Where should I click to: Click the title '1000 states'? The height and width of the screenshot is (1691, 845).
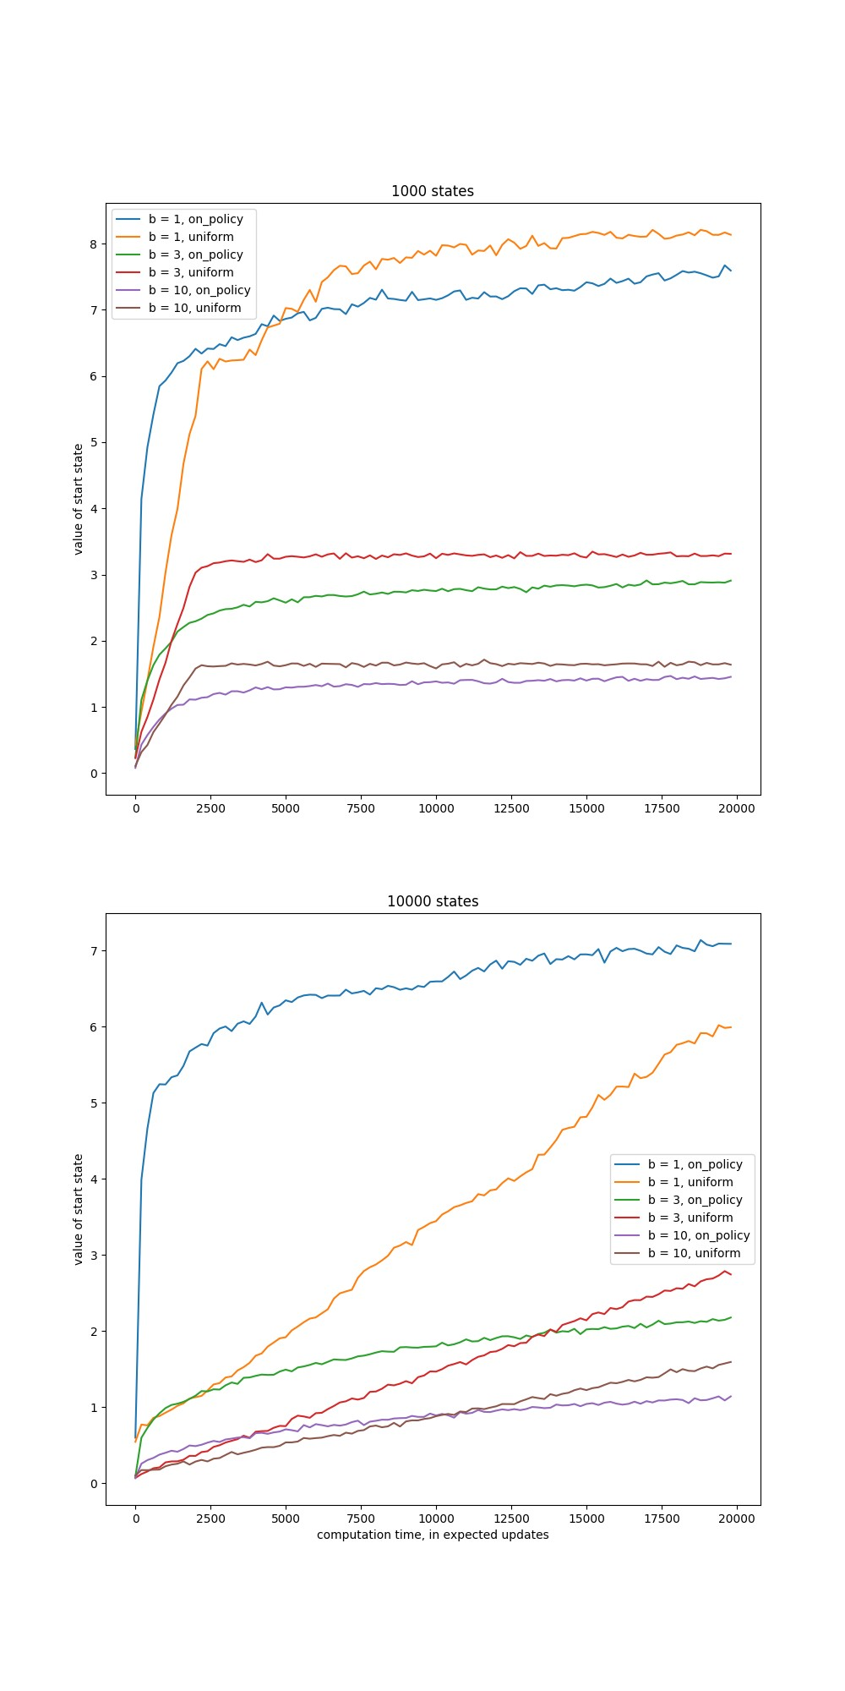[432, 191]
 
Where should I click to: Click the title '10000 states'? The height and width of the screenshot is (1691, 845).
[432, 901]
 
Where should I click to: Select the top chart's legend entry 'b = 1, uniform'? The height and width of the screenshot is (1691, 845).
[191, 237]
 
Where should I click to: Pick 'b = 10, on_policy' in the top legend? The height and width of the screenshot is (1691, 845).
[199, 290]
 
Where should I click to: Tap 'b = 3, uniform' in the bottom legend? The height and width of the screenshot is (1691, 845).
[690, 1218]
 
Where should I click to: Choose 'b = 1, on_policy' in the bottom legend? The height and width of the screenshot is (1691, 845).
[695, 1164]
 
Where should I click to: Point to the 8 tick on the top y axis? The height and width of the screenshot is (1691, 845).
[94, 244]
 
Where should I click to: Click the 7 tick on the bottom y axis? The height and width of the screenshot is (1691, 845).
[94, 951]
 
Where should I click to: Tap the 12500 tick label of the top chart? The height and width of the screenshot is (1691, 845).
[512, 808]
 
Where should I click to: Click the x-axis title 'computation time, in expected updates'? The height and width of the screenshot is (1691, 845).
[433, 1535]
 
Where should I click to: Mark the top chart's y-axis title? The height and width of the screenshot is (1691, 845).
[79, 499]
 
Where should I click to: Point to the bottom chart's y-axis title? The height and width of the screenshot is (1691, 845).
[79, 1209]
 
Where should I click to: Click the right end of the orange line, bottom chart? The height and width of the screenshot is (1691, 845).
[730, 1026]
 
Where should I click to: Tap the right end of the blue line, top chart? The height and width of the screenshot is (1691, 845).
[730, 271]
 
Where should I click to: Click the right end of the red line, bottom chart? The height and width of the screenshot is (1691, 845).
[730, 1274]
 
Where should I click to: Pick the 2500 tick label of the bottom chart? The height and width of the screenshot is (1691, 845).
[210, 1519]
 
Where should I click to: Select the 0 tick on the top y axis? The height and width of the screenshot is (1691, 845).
[94, 774]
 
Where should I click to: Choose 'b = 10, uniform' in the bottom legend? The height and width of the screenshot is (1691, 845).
[694, 1253]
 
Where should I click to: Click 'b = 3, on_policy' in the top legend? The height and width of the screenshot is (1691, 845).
[195, 254]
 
